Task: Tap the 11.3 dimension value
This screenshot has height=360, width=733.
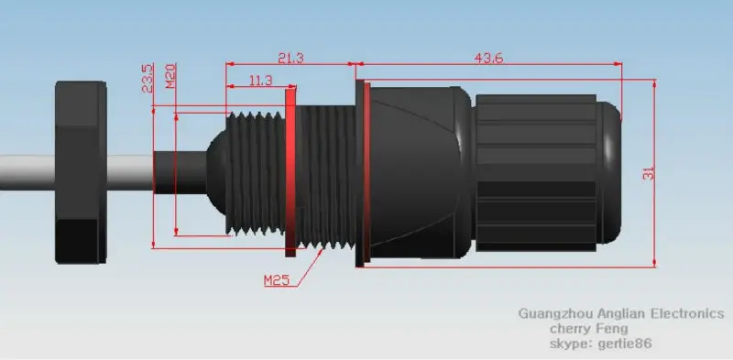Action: click(x=260, y=81)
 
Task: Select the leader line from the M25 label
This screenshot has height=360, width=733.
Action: click(x=306, y=266)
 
